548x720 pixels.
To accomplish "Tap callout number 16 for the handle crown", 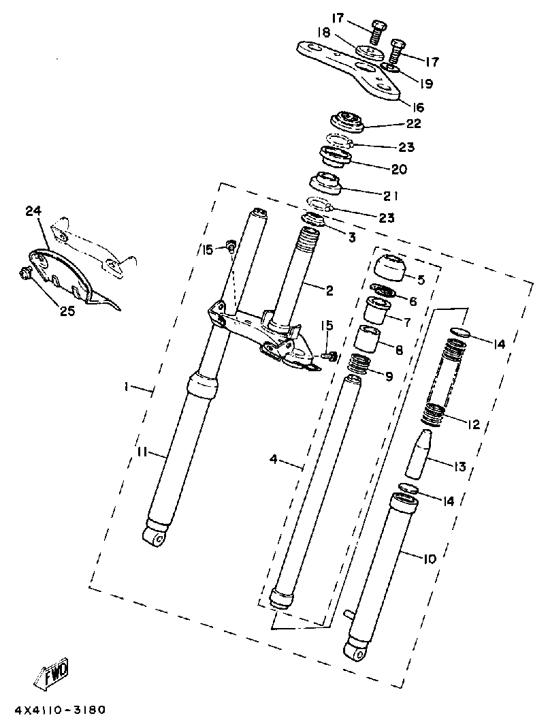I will click(x=417, y=108).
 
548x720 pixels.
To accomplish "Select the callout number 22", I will click(x=414, y=124).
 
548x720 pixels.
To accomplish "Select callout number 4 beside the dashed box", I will click(x=274, y=459).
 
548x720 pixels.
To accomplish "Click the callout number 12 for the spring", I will click(x=472, y=424).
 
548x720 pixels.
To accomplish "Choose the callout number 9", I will click(x=387, y=375).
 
